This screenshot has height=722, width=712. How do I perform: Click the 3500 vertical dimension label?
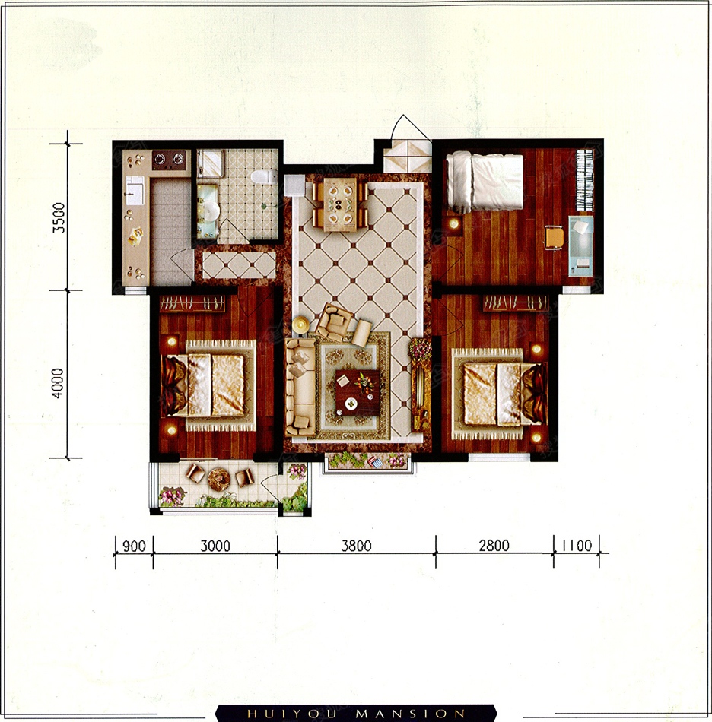[59, 217]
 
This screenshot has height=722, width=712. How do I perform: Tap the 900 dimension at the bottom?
[134, 546]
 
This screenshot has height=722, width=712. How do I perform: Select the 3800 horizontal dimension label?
[356, 546]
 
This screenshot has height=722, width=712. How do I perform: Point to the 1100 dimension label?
[577, 546]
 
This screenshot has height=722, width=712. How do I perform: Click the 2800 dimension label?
[494, 546]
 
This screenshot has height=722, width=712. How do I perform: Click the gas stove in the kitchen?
[169, 160]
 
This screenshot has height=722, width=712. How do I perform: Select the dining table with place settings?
[341, 204]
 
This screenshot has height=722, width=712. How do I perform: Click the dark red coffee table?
[358, 392]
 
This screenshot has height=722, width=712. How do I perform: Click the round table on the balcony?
[219, 480]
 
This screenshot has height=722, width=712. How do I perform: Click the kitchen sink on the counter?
[135, 190]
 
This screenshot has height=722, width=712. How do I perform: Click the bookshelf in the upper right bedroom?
[585, 182]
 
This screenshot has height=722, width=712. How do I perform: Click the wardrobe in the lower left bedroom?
[192, 303]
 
